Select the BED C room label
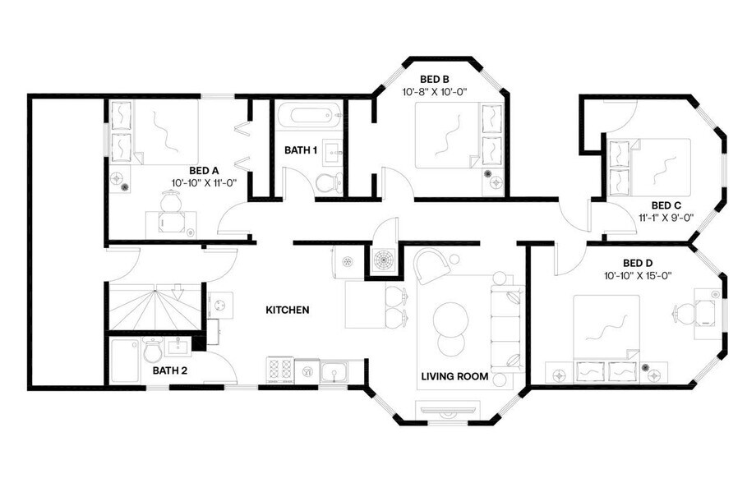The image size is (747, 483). [x=666, y=205]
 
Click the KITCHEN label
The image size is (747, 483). [x=287, y=310]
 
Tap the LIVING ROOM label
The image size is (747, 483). [x=454, y=377]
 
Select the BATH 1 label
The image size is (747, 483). [x=301, y=150]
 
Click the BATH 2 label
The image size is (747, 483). [x=170, y=370]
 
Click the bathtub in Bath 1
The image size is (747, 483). [x=308, y=116]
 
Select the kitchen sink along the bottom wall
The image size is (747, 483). [x=332, y=372]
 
